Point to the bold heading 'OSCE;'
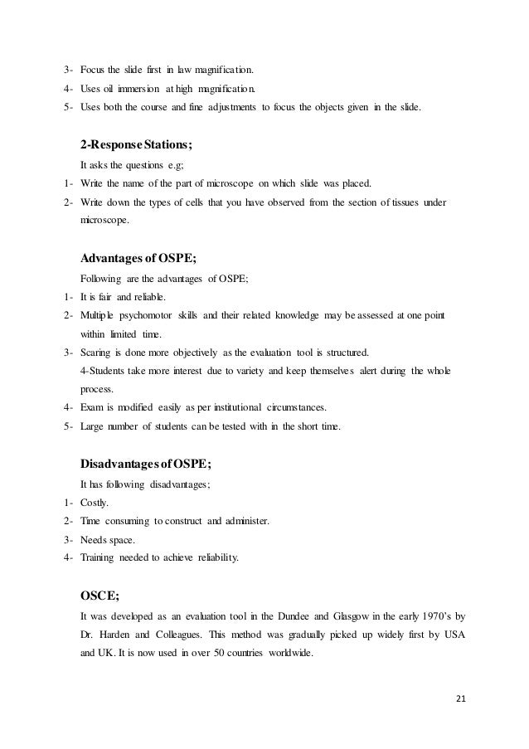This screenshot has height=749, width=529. pos(99,595)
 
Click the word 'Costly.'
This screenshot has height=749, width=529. pos(98,503)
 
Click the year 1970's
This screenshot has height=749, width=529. pos(454,616)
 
